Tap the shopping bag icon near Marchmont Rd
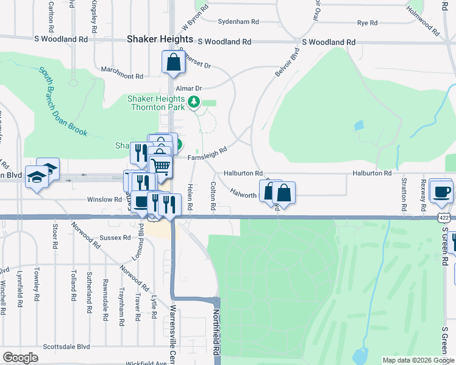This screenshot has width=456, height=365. click(174, 62)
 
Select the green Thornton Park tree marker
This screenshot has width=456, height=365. click(194, 102)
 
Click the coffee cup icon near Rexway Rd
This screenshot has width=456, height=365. click(441, 191)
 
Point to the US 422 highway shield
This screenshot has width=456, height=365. click(445, 217)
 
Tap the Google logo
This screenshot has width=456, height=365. click(20, 358)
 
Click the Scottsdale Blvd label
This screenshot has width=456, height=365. click(66, 347)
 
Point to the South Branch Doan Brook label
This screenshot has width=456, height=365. click(63, 103)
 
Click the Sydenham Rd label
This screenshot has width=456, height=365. click(238, 21)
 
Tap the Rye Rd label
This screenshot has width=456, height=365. click(367, 23)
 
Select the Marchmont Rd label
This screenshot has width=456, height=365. click(122, 77)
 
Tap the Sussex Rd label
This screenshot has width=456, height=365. click(116, 237)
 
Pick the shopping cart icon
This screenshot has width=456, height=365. click(161, 165)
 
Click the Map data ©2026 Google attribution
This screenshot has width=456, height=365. click(418, 360)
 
